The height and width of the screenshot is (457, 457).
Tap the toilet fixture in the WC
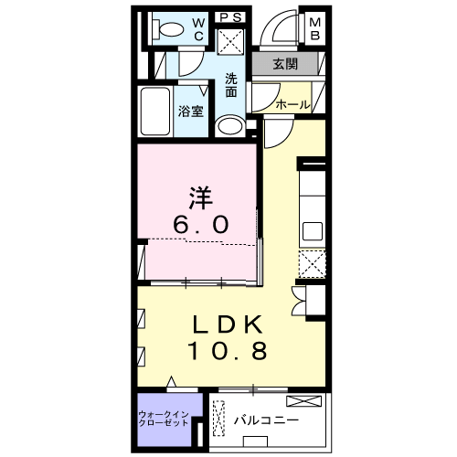(165, 30)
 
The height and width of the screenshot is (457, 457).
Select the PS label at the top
(228, 16)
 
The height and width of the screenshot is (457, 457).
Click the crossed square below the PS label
(228, 40)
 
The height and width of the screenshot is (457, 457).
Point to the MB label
(314, 29)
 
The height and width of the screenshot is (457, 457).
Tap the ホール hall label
(292, 104)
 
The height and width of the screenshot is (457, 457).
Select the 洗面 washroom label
(232, 85)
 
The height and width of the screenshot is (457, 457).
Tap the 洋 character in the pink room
(202, 197)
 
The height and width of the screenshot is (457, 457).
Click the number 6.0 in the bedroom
(202, 223)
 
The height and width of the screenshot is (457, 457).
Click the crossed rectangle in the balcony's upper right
(303, 401)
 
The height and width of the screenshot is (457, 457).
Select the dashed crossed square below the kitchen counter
(313, 263)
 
